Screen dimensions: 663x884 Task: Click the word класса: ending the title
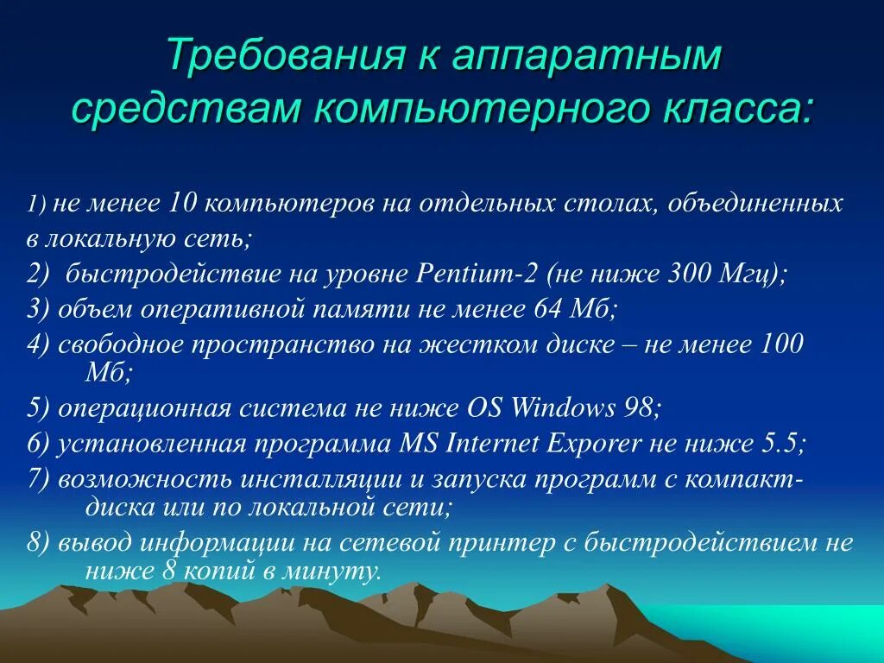[727, 110]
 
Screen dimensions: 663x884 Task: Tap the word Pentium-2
[478, 275]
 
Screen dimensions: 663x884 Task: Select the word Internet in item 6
[492, 444]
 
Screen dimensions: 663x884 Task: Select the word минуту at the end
[338, 571]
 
